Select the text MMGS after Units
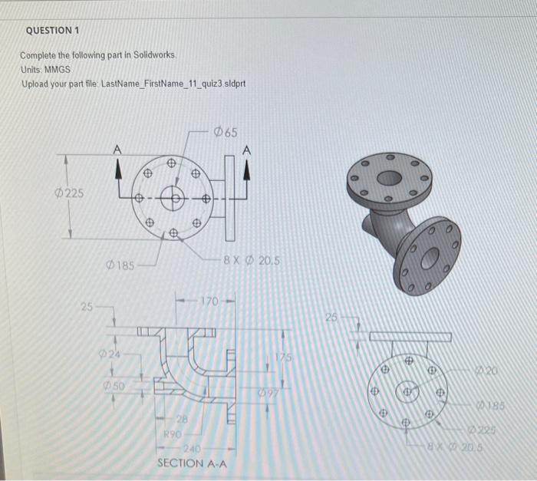pos(57,68)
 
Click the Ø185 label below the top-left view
pos(121,266)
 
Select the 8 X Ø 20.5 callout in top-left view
pos(251,260)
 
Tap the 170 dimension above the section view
pos(211,299)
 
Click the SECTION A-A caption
pos(192,463)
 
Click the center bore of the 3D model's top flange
pos(389,178)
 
